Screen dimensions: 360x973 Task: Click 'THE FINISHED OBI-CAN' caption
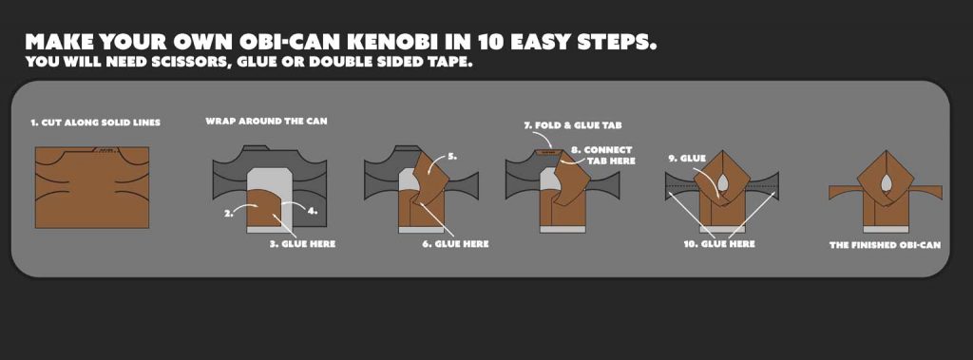click(x=885, y=245)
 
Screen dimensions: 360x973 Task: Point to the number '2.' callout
click(x=229, y=214)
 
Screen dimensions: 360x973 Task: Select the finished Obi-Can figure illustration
click(x=885, y=190)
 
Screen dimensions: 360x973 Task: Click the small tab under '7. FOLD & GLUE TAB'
click(x=546, y=149)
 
